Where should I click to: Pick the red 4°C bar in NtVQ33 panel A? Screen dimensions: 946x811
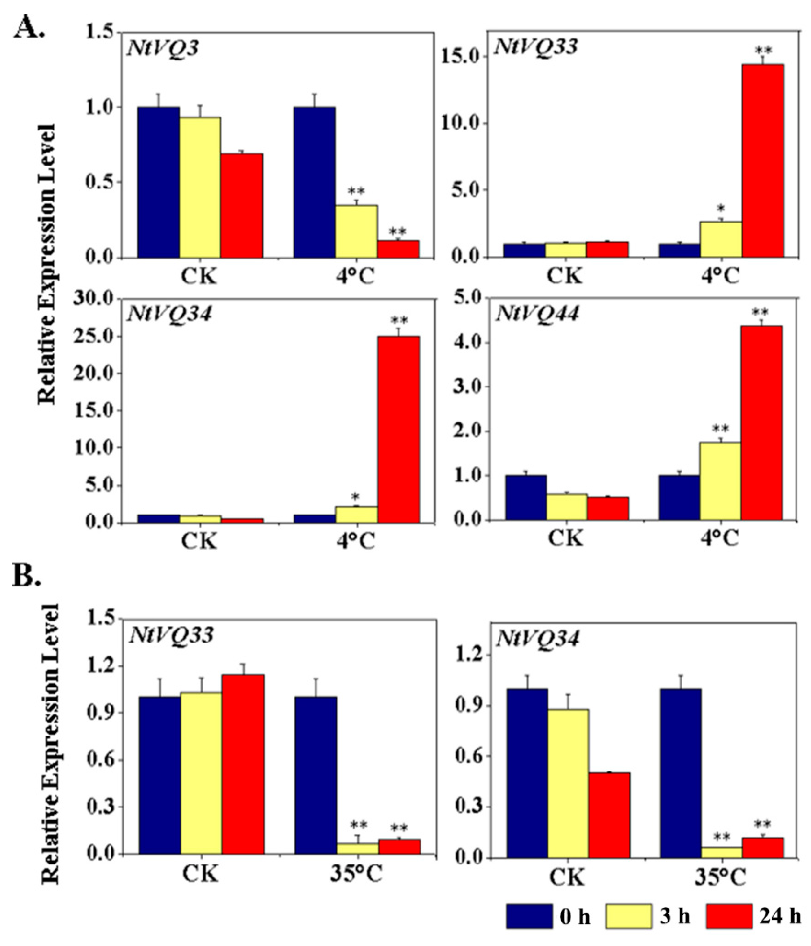point(763,160)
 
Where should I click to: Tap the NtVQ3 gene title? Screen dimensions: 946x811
point(163,48)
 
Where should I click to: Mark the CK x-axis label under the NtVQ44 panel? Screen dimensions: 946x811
point(566,538)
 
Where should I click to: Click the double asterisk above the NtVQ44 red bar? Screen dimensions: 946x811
point(760,313)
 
